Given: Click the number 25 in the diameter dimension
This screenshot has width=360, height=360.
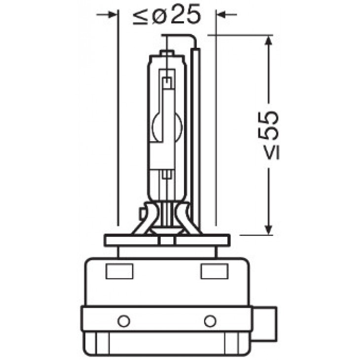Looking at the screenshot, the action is point(186,14).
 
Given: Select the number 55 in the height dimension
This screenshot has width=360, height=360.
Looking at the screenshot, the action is point(268,126).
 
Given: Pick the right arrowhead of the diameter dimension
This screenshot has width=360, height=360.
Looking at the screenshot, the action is point(221,15).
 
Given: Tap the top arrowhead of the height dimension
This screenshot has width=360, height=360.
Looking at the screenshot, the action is point(268,41).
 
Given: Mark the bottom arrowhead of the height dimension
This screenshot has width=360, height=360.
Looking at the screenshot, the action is point(268,229).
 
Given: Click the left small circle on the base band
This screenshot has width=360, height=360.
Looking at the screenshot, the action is point(124,321).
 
